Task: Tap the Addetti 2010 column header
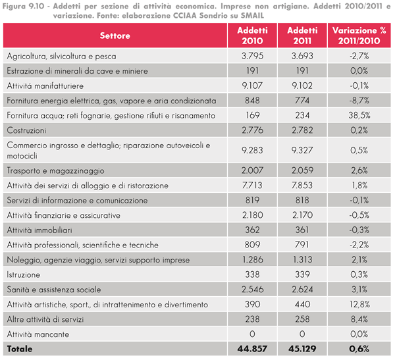click(x=252, y=35)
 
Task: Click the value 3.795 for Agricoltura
click(x=252, y=56)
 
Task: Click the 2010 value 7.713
click(x=252, y=186)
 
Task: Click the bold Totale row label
click(x=20, y=347)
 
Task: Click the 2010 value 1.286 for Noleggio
click(x=252, y=259)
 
